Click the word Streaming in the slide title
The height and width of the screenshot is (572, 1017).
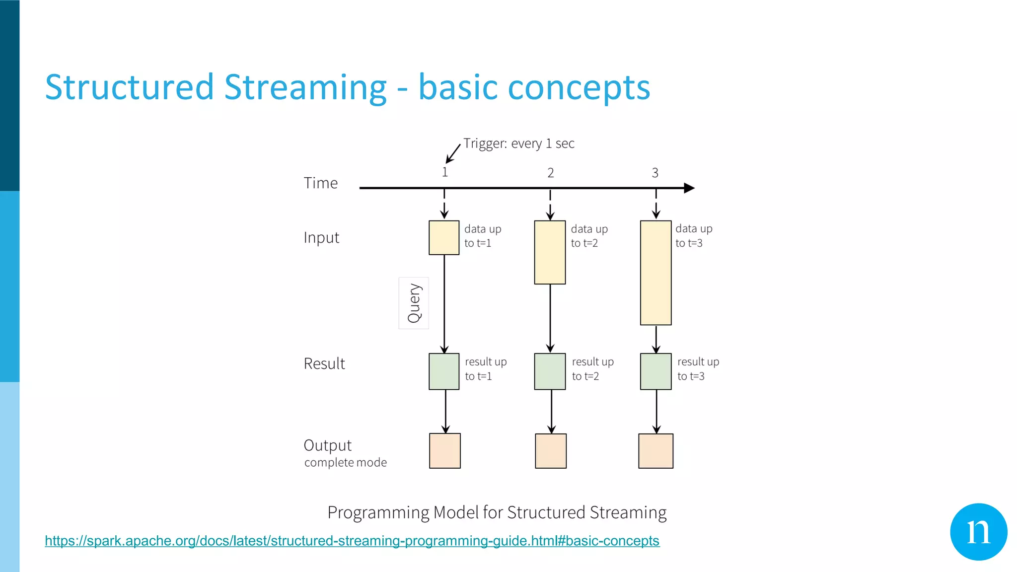[305, 88]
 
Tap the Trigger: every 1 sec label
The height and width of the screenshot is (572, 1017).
[518, 143]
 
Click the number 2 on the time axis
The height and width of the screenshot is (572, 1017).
[550, 173]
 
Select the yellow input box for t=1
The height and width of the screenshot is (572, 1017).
[444, 238]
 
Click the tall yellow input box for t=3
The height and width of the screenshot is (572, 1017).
[655, 273]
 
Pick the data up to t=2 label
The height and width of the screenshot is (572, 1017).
[589, 236]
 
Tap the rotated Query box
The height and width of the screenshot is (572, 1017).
[414, 303]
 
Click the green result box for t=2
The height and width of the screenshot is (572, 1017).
[550, 371]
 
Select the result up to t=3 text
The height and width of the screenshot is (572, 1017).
[698, 369]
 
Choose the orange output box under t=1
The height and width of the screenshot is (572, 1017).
[444, 451]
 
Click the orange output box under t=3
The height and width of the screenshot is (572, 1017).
[655, 451]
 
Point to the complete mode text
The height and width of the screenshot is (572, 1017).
[346, 462]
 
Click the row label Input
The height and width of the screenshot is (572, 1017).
[321, 238]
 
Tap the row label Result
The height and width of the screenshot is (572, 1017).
[324, 363]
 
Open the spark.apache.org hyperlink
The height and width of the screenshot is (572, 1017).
[352, 541]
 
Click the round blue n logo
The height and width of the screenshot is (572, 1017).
[978, 532]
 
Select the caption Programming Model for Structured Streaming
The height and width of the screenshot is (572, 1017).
[497, 512]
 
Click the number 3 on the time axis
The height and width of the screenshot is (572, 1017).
[655, 173]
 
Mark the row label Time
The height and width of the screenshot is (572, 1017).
[321, 183]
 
